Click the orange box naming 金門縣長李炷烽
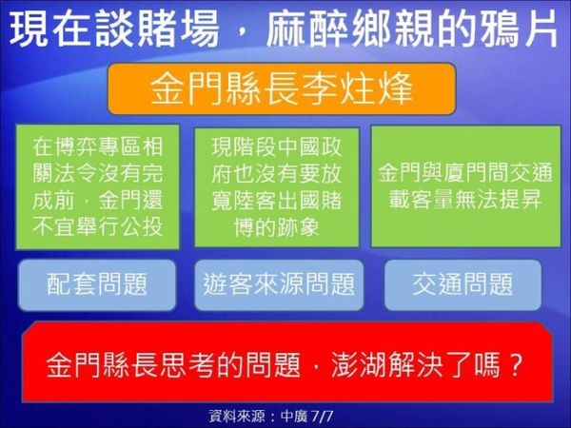tap(282, 88)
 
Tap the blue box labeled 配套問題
tap(97, 285)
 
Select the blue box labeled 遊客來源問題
tap(279, 285)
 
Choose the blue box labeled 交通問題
tap(463, 285)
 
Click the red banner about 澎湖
tap(287, 362)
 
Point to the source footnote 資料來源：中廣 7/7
tap(271, 416)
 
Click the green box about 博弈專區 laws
tap(98, 187)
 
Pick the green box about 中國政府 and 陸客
tap(277, 187)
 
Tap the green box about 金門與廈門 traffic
tap(465, 186)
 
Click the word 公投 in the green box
tap(141, 226)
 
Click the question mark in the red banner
tap(515, 364)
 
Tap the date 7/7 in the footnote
tap(323, 416)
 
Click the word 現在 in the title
tap(50, 29)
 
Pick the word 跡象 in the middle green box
tap(298, 227)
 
